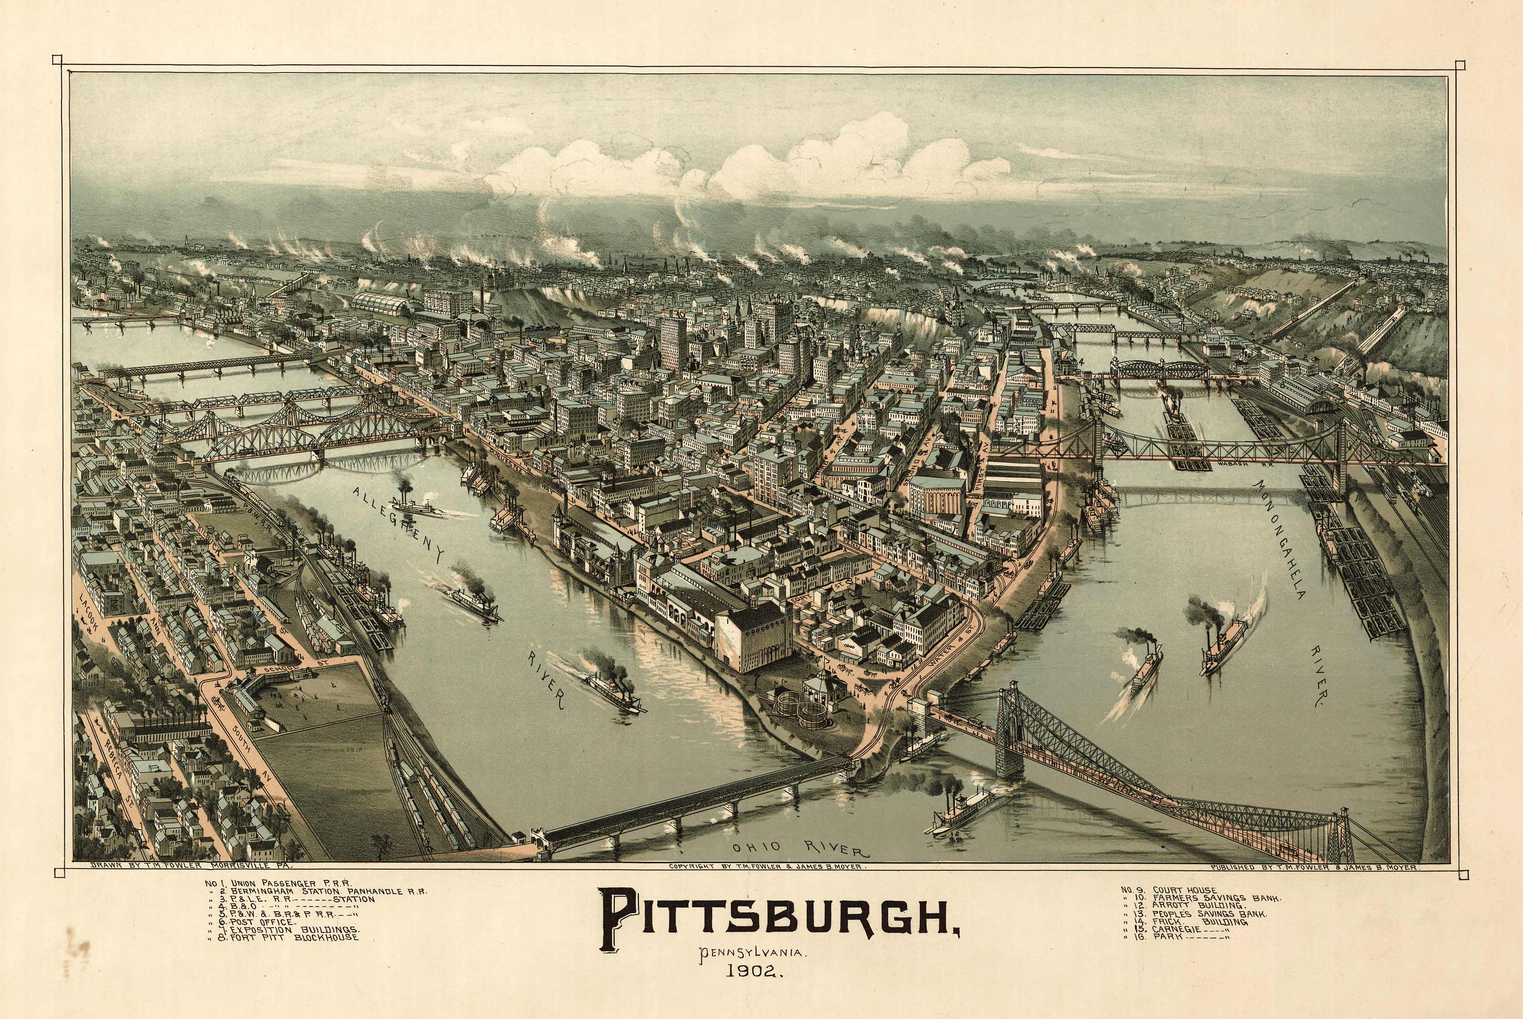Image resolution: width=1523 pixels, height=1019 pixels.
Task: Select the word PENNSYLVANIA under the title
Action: [754, 954]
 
